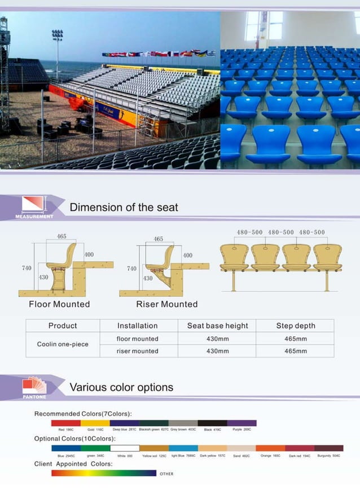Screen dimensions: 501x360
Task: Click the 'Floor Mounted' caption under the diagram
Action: point(59,304)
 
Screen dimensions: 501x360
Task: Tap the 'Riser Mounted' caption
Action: point(167,304)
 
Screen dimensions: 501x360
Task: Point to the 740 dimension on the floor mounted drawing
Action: point(27,268)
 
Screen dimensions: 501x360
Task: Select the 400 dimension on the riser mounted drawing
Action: point(187,256)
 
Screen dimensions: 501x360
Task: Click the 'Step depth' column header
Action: point(296,326)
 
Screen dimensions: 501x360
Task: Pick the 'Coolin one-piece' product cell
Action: point(63,344)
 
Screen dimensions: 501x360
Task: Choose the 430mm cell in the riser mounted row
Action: point(217,351)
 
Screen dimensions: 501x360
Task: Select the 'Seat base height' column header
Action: point(217,326)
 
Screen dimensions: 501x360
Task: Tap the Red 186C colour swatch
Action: point(65,423)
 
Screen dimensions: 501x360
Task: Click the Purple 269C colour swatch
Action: point(242,423)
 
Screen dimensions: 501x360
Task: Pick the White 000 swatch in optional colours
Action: point(124,448)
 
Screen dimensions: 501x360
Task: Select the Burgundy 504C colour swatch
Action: point(329,448)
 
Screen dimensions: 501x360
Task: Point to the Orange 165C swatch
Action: point(270,448)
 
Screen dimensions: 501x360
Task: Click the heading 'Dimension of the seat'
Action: point(124,207)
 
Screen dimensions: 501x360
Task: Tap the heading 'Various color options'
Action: point(121,388)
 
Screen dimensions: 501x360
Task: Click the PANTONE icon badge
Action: point(34,387)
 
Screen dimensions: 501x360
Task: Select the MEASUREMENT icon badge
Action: point(33,206)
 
